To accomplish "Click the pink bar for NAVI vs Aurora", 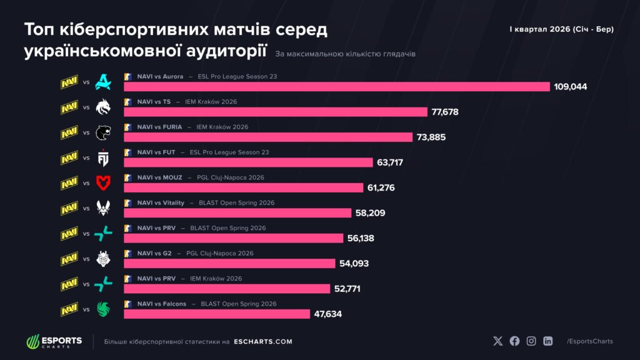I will click(x=337, y=87).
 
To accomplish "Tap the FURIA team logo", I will click(x=102, y=133).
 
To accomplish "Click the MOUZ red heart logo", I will click(x=102, y=182).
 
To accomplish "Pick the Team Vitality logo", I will click(x=102, y=208).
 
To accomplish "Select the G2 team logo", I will click(x=102, y=259).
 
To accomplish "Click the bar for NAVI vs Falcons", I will click(x=217, y=314).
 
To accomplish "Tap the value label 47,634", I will click(x=328, y=314).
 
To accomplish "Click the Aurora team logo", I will click(x=102, y=82).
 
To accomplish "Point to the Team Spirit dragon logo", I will click(x=102, y=107).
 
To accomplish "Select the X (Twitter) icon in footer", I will click(x=497, y=341).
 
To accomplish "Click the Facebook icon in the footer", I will click(x=514, y=341).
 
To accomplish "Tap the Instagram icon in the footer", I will click(x=531, y=341).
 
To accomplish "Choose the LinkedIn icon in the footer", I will click(x=547, y=341).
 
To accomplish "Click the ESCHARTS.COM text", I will click(x=262, y=342).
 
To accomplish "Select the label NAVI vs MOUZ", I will click(x=159, y=177).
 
